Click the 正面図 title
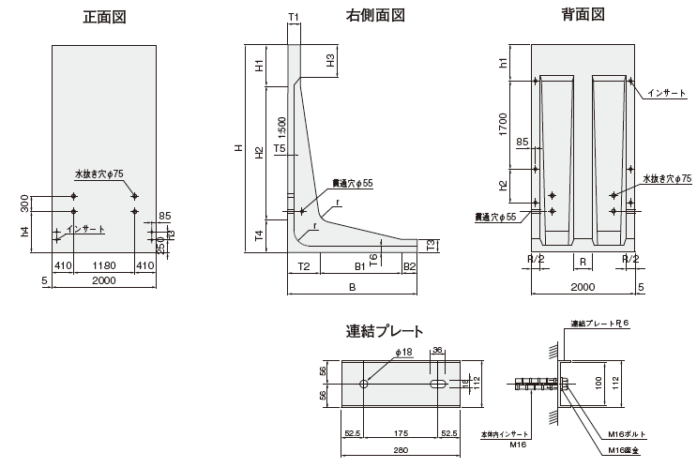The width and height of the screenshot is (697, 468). click(103, 16)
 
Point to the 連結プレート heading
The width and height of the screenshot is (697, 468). click(385, 330)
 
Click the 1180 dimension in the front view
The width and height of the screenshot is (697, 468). click(104, 266)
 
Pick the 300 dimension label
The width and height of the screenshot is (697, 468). click(23, 204)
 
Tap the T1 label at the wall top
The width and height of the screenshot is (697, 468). click(294, 17)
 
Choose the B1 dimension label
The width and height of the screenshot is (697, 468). click(359, 266)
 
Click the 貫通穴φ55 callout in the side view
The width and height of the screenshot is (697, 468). click(353, 184)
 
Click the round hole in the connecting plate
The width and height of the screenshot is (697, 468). click(365, 385)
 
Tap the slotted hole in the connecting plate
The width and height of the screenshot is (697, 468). click(438, 385)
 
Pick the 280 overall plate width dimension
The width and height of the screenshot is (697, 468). click(402, 451)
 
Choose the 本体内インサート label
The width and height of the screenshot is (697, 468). click(504, 435)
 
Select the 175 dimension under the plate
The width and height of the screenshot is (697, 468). click(401, 433)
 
